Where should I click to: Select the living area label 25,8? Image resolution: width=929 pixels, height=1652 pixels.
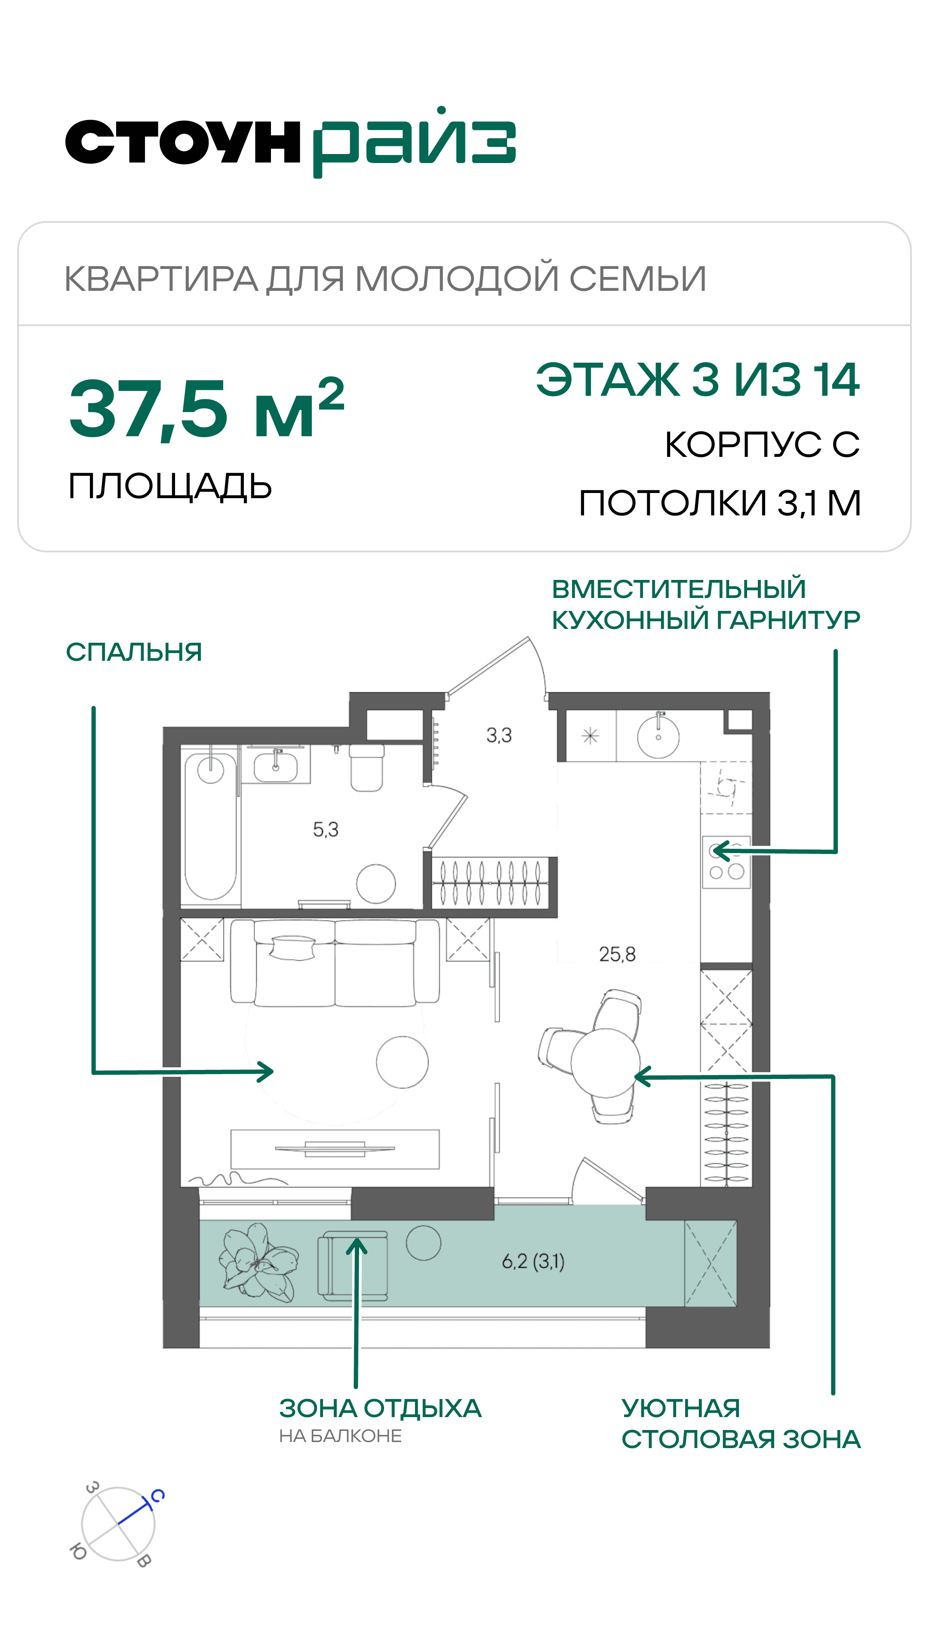618,954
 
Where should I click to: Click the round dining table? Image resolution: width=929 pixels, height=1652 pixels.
605,1062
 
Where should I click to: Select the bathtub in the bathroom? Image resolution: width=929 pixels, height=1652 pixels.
210,826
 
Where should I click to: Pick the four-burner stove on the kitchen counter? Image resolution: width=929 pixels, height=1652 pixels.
726,862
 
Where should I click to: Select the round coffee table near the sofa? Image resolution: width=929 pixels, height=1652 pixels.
402,1062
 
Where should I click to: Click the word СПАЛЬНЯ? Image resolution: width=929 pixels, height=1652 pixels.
134,652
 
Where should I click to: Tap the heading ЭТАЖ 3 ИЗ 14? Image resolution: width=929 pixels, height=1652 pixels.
698,379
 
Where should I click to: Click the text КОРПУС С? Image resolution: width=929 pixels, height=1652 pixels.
762,444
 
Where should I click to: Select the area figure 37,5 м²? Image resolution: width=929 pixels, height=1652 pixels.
206,408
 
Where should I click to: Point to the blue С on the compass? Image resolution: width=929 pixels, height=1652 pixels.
157,1496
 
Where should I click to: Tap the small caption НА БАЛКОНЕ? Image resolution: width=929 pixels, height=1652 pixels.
341,1436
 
